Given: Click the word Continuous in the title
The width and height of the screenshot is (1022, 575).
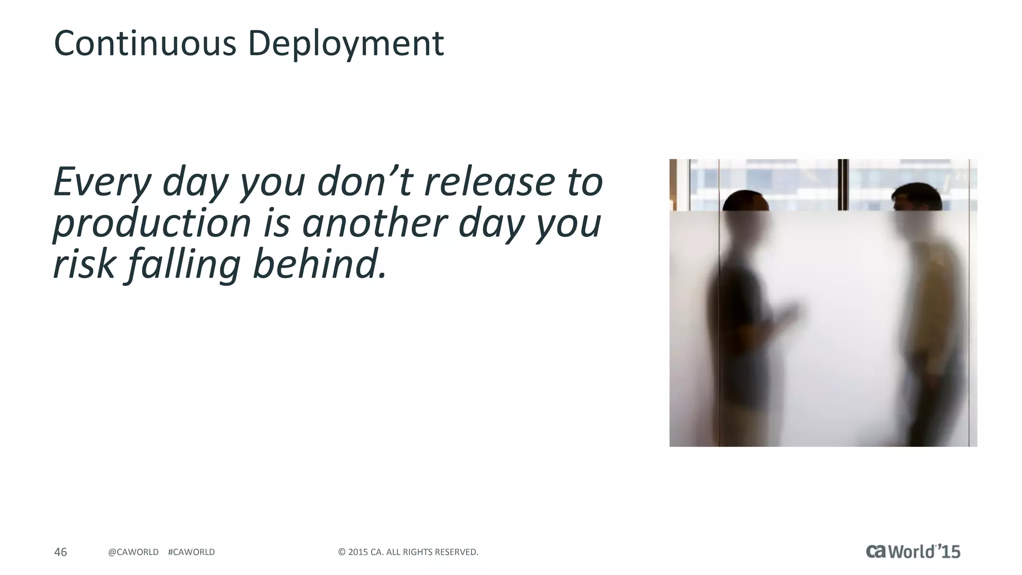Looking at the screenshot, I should pos(145,43).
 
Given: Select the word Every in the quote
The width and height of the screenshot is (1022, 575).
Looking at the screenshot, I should pos(102,183).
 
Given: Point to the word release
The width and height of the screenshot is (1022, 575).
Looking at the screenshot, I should pos(489,182).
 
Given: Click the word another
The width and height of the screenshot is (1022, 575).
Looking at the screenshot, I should pos(374,223).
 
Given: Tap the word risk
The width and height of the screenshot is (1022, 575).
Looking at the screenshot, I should pos(84,264).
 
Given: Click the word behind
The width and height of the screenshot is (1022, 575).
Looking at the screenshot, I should pos(320,264).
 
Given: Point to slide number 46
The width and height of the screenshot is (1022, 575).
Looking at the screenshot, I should pos(60,552).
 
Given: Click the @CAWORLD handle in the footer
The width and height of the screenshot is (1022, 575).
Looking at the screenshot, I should pos(133,552).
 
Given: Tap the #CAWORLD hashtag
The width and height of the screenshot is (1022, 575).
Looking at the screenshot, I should pos(192,552).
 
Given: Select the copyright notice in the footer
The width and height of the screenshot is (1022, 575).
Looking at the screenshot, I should pos(408,552).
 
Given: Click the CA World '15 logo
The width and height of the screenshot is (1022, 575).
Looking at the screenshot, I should pos(913,551).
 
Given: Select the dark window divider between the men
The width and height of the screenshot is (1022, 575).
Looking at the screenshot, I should pos(843,184).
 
